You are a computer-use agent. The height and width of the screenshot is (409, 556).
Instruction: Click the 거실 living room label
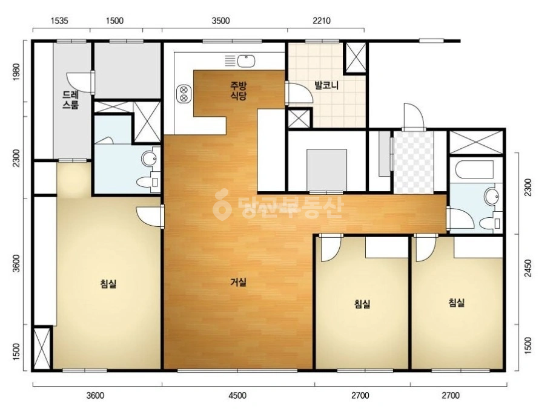(238, 282)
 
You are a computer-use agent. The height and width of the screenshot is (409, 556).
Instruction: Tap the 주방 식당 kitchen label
(238, 91)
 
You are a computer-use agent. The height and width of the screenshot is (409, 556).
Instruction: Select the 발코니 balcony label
(326, 85)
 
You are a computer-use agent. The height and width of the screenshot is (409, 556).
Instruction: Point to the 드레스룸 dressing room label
(70, 100)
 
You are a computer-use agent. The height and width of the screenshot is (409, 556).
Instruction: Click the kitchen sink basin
(246, 61)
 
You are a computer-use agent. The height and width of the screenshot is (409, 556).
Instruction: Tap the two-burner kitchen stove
(184, 94)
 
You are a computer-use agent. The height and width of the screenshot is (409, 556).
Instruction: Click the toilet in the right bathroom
(490, 223)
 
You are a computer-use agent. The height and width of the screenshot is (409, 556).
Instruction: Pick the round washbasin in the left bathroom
(149, 159)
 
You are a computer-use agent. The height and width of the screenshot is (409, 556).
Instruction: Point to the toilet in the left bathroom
(147, 182)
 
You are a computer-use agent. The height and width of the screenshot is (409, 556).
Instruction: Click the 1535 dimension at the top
(59, 21)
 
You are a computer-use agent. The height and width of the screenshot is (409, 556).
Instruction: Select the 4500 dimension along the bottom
(237, 395)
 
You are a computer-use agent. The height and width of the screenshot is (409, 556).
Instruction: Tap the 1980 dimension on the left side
(16, 72)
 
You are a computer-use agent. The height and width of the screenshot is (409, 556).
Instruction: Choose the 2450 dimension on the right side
(528, 269)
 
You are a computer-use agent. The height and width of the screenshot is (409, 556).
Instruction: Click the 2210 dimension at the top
(321, 21)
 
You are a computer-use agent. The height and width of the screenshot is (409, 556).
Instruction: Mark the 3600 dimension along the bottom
(95, 395)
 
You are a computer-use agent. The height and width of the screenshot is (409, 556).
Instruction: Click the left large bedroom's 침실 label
(108, 284)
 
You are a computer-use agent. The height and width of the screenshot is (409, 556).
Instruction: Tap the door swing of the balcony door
(300, 94)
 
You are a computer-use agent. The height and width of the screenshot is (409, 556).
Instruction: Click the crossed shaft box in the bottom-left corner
(42, 348)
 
